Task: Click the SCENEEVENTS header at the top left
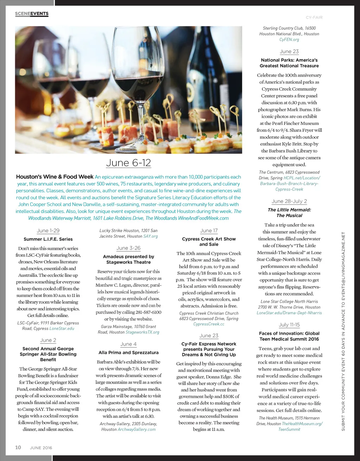[32, 14]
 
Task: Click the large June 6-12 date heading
[128, 163]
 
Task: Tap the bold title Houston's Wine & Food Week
[55, 177]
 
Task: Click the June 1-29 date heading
[48, 230]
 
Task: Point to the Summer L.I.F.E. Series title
[48, 239]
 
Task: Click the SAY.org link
[150, 236]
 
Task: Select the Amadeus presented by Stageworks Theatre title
[128, 259]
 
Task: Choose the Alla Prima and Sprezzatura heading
[128, 352]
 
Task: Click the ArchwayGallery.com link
[136, 429]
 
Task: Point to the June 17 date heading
[209, 230]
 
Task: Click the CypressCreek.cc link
[209, 324]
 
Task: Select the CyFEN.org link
[289, 40]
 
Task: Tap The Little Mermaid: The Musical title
[289, 213]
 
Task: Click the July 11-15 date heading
[289, 325]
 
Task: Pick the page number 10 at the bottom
[18, 447]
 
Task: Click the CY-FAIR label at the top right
[314, 17]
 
